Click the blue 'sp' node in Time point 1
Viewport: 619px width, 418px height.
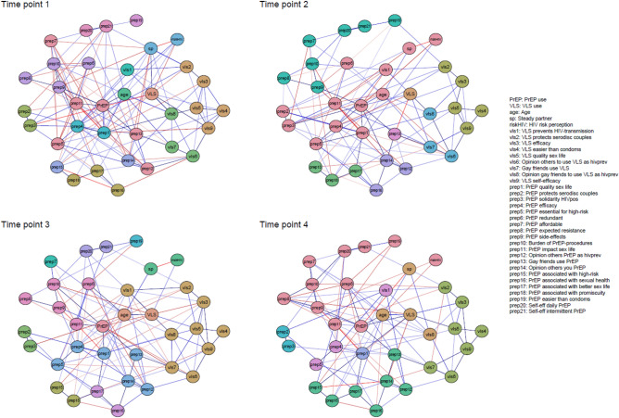(150, 48)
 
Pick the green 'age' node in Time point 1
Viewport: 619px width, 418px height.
(123, 95)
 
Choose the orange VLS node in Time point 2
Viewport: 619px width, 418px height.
(408, 95)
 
